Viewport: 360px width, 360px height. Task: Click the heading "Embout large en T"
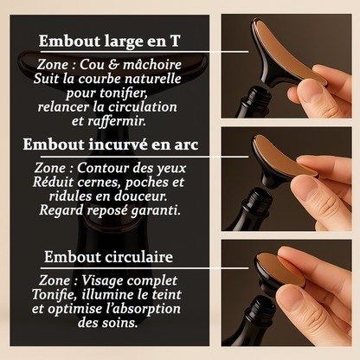[110, 41]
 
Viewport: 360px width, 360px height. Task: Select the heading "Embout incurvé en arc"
[111, 145]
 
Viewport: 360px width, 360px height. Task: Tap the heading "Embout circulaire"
[108, 256]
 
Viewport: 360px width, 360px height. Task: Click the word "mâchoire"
[152, 64]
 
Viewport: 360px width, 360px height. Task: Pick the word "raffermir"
[117, 121]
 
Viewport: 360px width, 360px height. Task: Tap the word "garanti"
[156, 210]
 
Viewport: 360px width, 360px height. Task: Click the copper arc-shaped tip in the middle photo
[284, 157]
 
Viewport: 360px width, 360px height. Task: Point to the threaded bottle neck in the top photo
[257, 97]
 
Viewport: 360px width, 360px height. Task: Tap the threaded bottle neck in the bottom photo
[260, 309]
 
